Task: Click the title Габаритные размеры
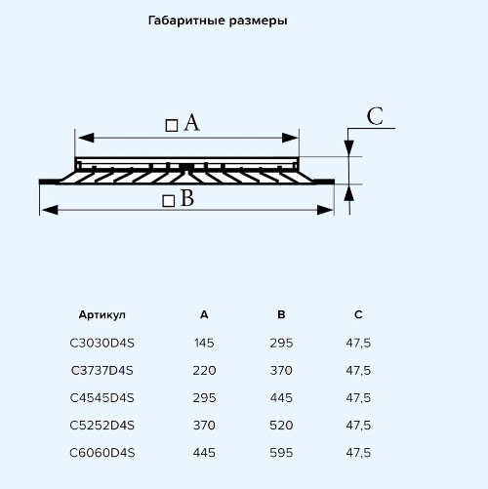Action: [x=218, y=21]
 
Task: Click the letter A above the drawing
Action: [x=191, y=123]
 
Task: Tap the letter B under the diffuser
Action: [x=187, y=198]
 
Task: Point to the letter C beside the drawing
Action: [x=375, y=116]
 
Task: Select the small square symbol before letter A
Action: [x=172, y=125]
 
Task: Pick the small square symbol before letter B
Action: [x=169, y=201]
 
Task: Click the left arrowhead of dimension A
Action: [x=86, y=138]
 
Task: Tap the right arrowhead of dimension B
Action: [x=325, y=210]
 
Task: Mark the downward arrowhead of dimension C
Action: [x=349, y=148]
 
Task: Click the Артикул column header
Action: [x=102, y=315]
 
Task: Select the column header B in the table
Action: [x=281, y=314]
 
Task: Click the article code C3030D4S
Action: [x=102, y=344]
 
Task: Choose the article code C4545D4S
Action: [x=102, y=398]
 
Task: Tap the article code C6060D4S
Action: [x=102, y=453]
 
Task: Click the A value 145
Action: [x=204, y=344]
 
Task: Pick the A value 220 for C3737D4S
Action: [x=204, y=371]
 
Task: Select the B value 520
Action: [x=281, y=426]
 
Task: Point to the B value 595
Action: [x=281, y=453]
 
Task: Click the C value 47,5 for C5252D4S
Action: [x=358, y=426]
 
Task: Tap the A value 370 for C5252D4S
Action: [x=204, y=426]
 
